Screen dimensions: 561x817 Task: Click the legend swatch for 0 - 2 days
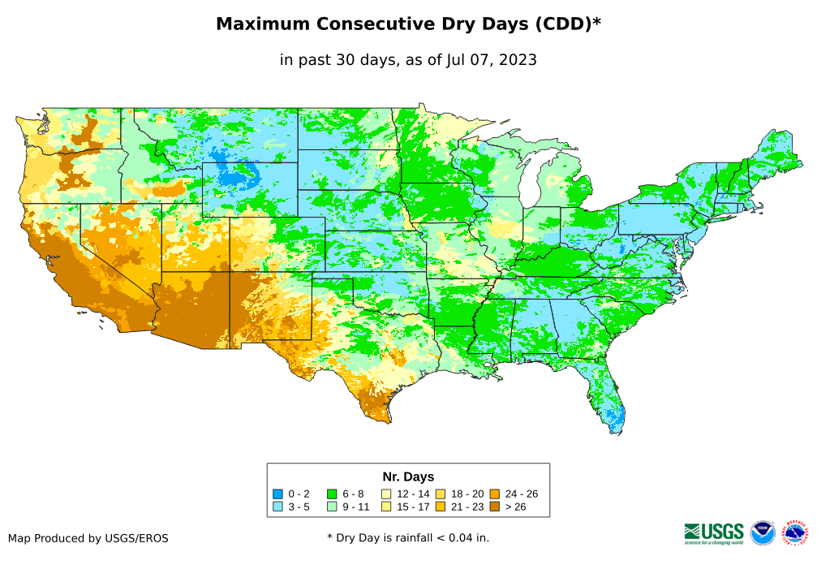(277, 494)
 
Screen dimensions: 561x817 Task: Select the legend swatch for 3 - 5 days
(277, 507)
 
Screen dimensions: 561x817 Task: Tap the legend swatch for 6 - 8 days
(332, 494)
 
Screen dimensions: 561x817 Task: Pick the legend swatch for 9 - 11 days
(332, 507)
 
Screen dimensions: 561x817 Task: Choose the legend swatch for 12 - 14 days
(386, 494)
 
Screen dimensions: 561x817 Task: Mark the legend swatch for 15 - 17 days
(386, 507)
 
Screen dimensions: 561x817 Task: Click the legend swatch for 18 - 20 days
(441, 494)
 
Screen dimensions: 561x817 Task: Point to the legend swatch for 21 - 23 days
(441, 507)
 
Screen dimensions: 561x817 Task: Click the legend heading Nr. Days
(408, 477)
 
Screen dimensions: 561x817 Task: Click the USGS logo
(714, 533)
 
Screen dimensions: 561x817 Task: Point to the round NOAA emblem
(763, 533)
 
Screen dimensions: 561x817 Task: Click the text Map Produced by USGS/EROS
(88, 537)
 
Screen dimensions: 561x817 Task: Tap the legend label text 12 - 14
(413, 494)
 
